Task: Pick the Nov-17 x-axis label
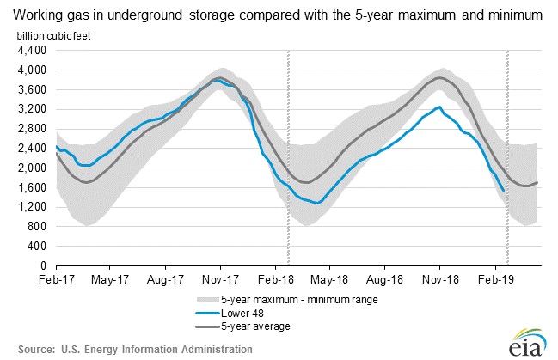click(x=221, y=279)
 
